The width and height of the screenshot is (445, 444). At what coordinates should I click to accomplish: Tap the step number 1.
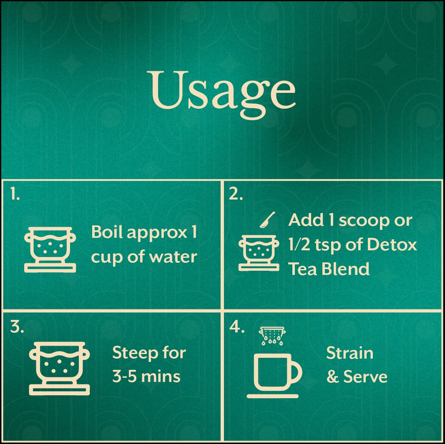[x=15, y=195]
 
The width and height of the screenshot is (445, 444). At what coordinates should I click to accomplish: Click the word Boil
[x=107, y=232]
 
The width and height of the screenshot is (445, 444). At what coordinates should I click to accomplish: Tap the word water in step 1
[x=174, y=257]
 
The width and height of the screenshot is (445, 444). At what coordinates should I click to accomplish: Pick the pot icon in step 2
[x=259, y=252]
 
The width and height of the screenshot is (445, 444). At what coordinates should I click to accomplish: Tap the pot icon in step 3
[x=59, y=368]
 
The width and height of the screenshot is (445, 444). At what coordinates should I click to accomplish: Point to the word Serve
[x=365, y=377]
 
